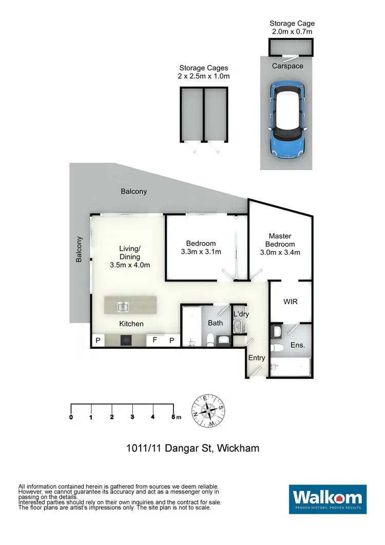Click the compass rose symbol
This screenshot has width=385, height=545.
[x=208, y=411]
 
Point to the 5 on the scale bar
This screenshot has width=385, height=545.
[x=173, y=417]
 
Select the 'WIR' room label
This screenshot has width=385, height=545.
[x=290, y=302]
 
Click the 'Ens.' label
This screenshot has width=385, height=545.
[x=297, y=345]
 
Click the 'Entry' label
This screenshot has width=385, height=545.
[x=256, y=358]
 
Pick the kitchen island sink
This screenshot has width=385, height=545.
[x=123, y=307]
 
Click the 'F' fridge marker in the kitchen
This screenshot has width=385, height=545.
[x=155, y=340]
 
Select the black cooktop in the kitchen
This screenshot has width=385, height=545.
[x=126, y=341]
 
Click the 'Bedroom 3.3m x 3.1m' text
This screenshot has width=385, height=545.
[x=201, y=248]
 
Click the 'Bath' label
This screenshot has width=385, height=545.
[x=215, y=323]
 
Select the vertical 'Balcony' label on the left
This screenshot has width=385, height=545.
[x=79, y=249]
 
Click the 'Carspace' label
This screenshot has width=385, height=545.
[x=287, y=66]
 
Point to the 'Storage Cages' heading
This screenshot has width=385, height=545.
[x=204, y=68]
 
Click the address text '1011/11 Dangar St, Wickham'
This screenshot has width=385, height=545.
[x=192, y=448]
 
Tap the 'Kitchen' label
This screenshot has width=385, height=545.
[x=131, y=324]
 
